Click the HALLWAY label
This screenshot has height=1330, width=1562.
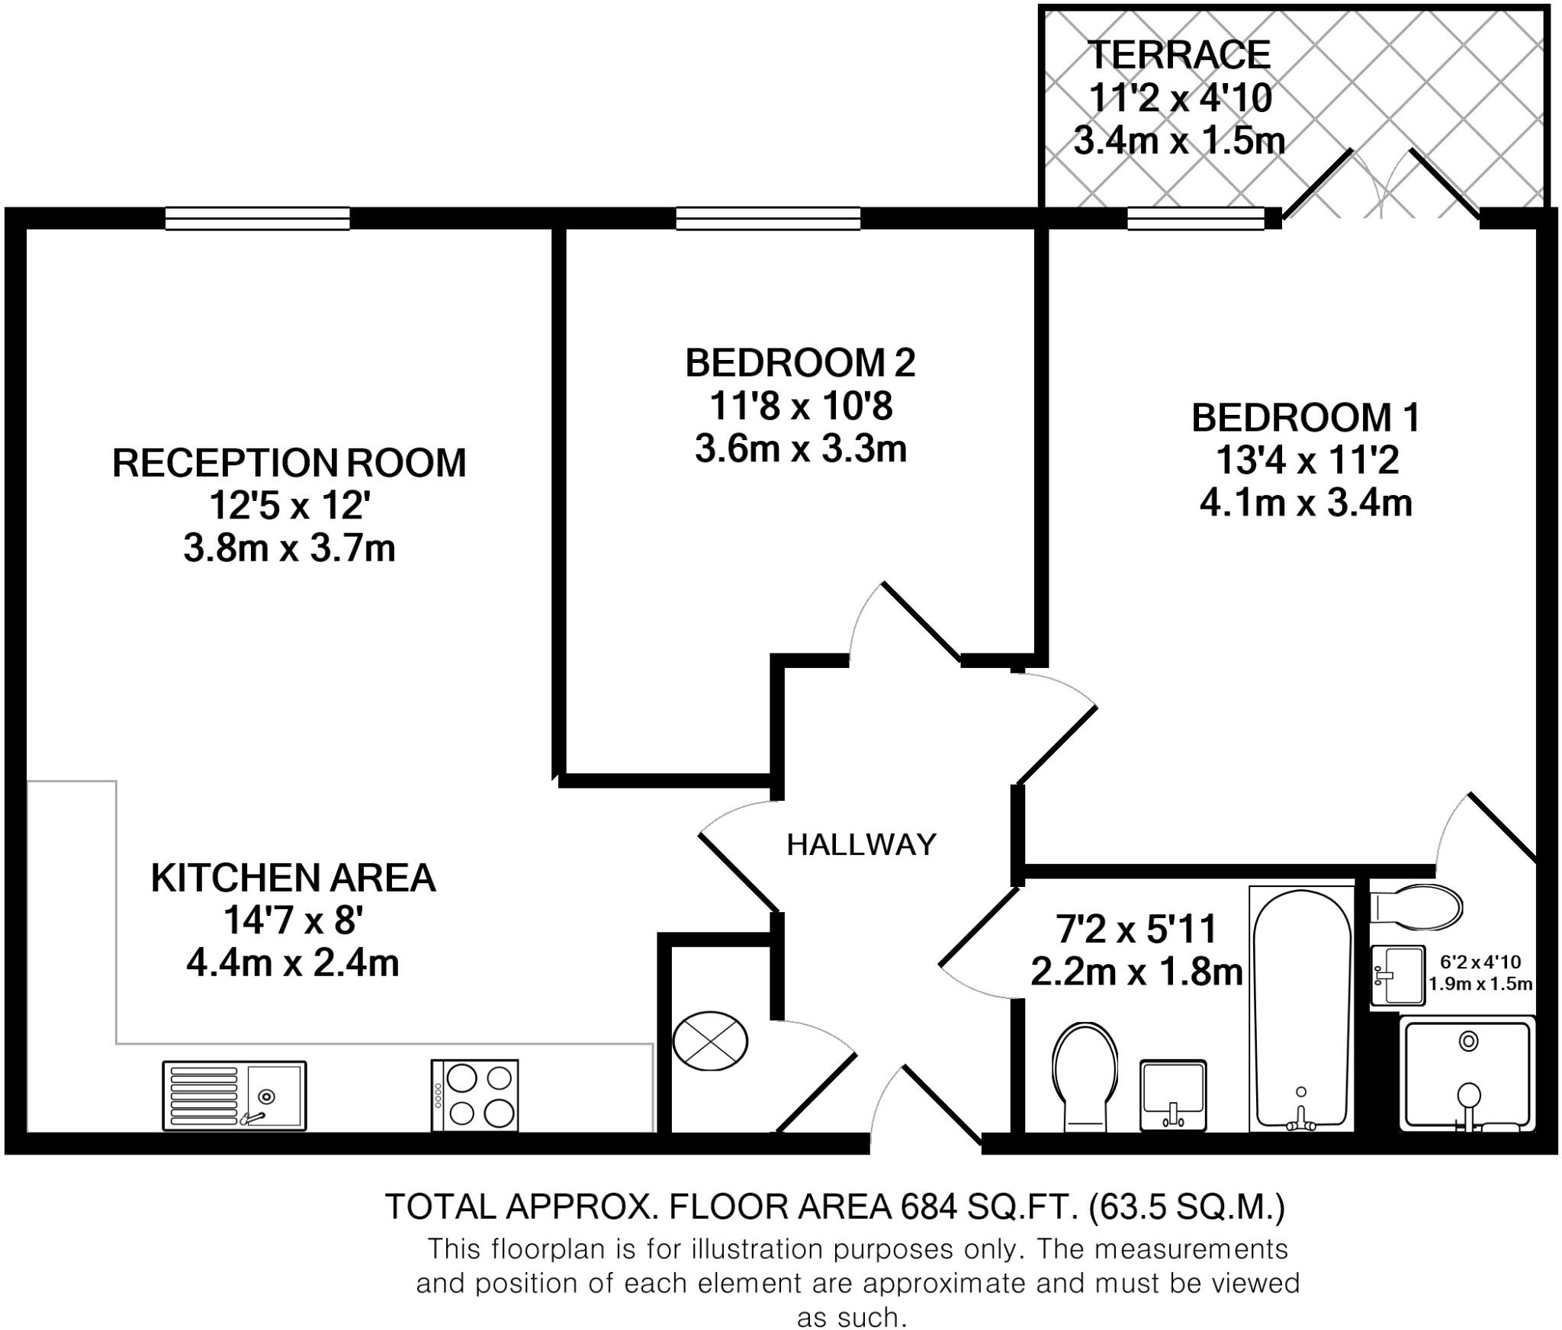861,844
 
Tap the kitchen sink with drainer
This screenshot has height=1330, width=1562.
234,1095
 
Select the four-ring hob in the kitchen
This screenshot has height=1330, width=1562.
474,1095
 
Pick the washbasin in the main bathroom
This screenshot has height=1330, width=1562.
1173,1095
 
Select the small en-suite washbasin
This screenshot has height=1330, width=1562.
1397,976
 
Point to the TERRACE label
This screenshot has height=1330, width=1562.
1179,55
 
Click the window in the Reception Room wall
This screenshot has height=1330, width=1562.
258,219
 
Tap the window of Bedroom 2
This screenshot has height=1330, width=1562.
768,219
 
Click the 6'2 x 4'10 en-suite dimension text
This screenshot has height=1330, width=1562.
1480,962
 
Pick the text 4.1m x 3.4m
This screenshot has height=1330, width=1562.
1306,503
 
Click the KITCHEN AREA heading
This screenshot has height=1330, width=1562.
293,878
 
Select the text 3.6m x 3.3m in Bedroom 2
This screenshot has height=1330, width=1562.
800,448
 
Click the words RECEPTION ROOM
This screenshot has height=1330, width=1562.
289,463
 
